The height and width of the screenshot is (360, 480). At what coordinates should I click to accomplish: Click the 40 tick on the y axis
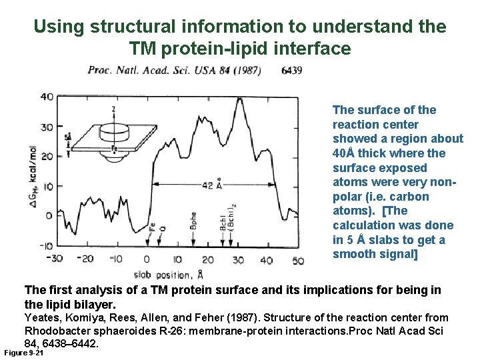click(46, 97)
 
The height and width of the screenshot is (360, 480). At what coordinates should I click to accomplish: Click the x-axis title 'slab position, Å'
click(167, 273)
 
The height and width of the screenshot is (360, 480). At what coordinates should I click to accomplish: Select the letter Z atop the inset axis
click(113, 108)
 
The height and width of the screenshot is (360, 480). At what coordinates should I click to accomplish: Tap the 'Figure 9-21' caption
click(23, 352)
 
